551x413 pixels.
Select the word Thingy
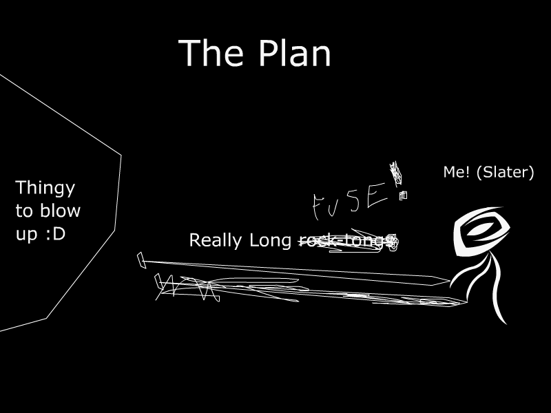45,189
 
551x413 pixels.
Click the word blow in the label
63,211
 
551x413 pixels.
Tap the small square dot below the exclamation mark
403,195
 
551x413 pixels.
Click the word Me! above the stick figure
455,172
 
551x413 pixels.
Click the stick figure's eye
481,230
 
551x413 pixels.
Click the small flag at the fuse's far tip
141,260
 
